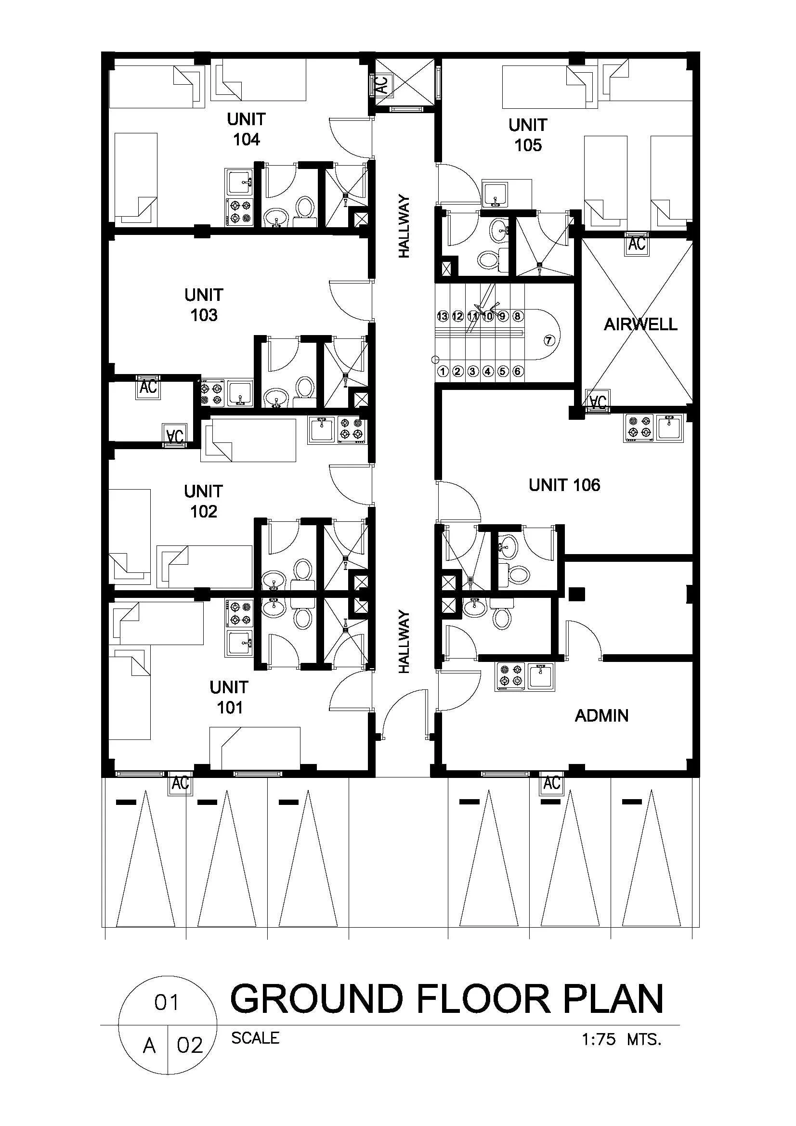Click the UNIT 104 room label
246,129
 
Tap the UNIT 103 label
204,305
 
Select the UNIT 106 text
564,485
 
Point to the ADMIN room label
601,715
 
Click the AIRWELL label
640,324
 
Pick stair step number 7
549,340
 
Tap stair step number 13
443,316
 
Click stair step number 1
443,371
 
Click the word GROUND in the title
317,998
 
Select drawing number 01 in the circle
167,1003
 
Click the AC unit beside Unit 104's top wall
381,84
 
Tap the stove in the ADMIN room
510,677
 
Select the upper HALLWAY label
404,226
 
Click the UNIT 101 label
229,697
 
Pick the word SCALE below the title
255,1038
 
